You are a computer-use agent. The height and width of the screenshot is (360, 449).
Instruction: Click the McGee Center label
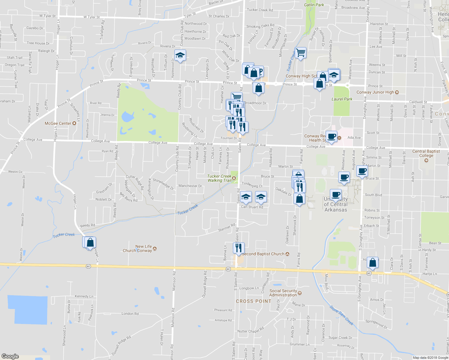pyautogui.click(x=58, y=123)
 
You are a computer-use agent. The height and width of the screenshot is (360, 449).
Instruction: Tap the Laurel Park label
pyautogui.click(x=342, y=99)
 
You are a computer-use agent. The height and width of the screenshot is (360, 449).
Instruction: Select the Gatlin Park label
pyautogui.click(x=314, y=5)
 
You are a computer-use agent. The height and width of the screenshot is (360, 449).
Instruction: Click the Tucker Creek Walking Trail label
pyautogui.click(x=219, y=178)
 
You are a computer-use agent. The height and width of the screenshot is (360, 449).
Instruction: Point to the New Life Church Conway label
pyautogui.click(x=137, y=248)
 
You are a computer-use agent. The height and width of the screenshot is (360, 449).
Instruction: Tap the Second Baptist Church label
pyautogui.click(x=263, y=254)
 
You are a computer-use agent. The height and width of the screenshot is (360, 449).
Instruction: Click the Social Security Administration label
pyautogui.click(x=283, y=293)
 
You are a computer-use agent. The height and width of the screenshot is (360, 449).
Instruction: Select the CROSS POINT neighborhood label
pyautogui.click(x=254, y=301)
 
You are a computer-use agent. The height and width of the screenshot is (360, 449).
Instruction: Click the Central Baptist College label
pyautogui.click(x=426, y=153)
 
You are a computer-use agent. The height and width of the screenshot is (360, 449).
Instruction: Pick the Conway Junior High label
pyautogui.click(x=375, y=92)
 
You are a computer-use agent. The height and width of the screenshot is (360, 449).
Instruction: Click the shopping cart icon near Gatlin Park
pyautogui.click(x=300, y=53)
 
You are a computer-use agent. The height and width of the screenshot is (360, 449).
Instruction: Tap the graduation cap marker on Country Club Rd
pyautogui.click(x=180, y=55)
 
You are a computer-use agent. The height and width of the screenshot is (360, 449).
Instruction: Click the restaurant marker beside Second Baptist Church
pyautogui.click(x=239, y=248)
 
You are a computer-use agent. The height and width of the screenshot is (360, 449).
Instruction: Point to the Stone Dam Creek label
pyautogui.click(x=342, y=315)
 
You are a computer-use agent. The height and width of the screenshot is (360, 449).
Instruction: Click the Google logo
pyautogui.click(x=10, y=356)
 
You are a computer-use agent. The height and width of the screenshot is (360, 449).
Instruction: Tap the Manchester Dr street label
pyautogui.click(x=190, y=186)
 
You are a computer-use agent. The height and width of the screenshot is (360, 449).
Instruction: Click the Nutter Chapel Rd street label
pyautogui.click(x=251, y=330)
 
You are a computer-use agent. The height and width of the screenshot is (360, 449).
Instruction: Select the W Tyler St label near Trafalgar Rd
pyautogui.click(x=92, y=17)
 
